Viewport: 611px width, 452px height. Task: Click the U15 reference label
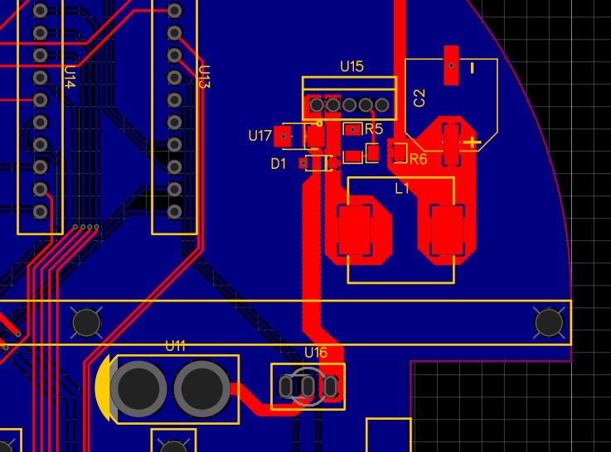coord(352,66)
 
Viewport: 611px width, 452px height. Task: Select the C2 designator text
coord(419,98)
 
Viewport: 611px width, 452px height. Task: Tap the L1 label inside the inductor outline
coord(402,189)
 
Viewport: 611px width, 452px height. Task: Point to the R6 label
coord(418,159)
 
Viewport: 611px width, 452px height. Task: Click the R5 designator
coord(374,129)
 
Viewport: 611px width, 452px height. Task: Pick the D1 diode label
coord(279,164)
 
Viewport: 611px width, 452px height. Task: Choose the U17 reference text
coord(260,136)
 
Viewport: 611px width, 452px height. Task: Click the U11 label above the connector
coord(175,346)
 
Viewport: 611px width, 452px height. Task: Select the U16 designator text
coord(316,353)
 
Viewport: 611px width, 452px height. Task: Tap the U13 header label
coord(205,77)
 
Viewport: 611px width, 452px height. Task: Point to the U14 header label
coord(70,79)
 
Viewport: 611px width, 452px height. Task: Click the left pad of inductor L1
coord(355,231)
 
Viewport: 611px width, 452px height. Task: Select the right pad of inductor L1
coord(448,231)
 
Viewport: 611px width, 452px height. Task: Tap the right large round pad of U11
coord(201,388)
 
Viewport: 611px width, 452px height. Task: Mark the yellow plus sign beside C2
coord(472,143)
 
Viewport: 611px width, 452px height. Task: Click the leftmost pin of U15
coord(316,105)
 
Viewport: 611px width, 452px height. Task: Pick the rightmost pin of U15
coord(382,105)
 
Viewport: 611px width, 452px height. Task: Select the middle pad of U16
coord(308,387)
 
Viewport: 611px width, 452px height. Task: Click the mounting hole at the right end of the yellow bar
coord(549,322)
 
